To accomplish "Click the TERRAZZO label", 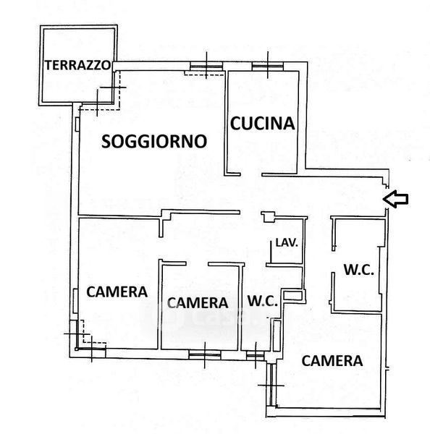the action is coord(78,65).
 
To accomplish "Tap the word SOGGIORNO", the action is coord(154,141).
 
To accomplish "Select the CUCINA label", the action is coord(262,124).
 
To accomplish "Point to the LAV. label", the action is coord(287,243).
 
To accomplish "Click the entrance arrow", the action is coord(395,199).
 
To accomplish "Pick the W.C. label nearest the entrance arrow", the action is coord(359,270).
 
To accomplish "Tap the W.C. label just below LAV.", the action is coord(262,301).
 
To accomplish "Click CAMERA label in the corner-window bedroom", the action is coord(117,292).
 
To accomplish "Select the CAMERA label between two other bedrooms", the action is coord(198,303).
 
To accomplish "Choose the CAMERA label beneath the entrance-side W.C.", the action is coord(332,361).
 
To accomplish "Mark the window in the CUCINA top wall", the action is coord(268,66).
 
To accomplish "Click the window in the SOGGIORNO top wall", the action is coord(206,66).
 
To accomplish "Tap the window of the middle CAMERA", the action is coord(205,354).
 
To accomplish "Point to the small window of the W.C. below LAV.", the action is coord(255,355).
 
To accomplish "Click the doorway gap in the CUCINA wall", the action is coord(251,174).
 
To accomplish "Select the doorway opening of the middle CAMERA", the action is coord(197,263).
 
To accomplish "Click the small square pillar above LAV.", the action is coord(269,217).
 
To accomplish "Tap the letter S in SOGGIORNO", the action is coord(106,141).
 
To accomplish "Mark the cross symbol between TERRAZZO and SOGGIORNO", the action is coord(113,88).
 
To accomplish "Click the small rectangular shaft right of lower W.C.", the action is coord(292,295).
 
